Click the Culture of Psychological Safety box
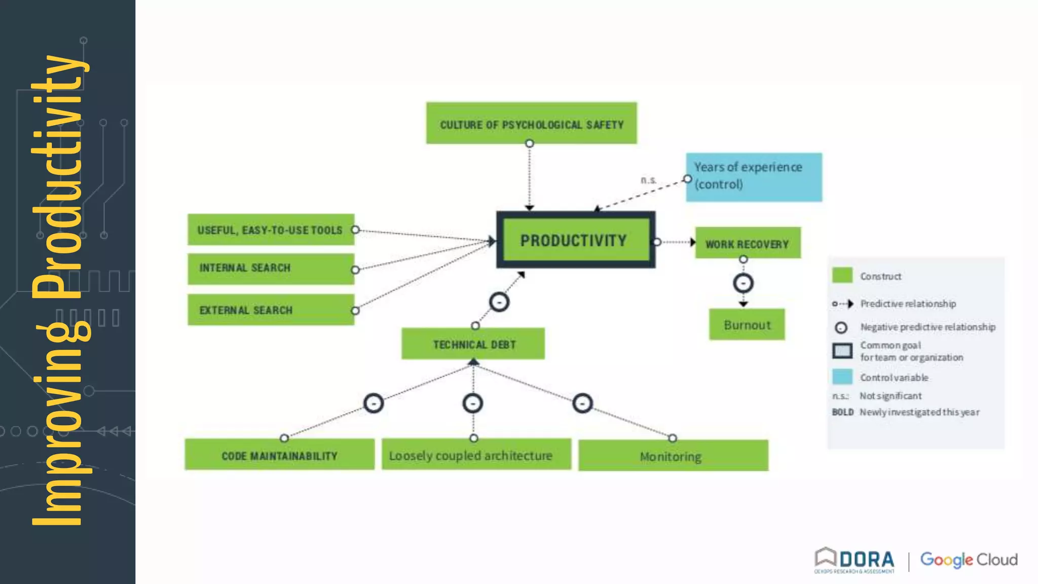coord(531,123)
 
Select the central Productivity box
coord(575,240)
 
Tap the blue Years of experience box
coord(754,177)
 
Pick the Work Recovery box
coord(748,243)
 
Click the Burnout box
coord(747,324)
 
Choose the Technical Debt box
coord(473,344)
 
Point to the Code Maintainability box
coord(279,455)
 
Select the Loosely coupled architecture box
coord(476,455)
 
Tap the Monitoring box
coord(673,456)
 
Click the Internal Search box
coord(271,268)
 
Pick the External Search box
coord(271,310)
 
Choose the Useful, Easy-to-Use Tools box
coord(271,230)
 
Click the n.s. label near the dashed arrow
coord(648,180)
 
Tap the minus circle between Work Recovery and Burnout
coord(743,283)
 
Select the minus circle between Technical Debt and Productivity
coord(499,302)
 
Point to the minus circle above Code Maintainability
coord(374,404)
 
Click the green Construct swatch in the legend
coord(842,275)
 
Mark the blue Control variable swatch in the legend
coord(842,377)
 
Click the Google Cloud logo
coord(969,560)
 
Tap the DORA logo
coord(855,560)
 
